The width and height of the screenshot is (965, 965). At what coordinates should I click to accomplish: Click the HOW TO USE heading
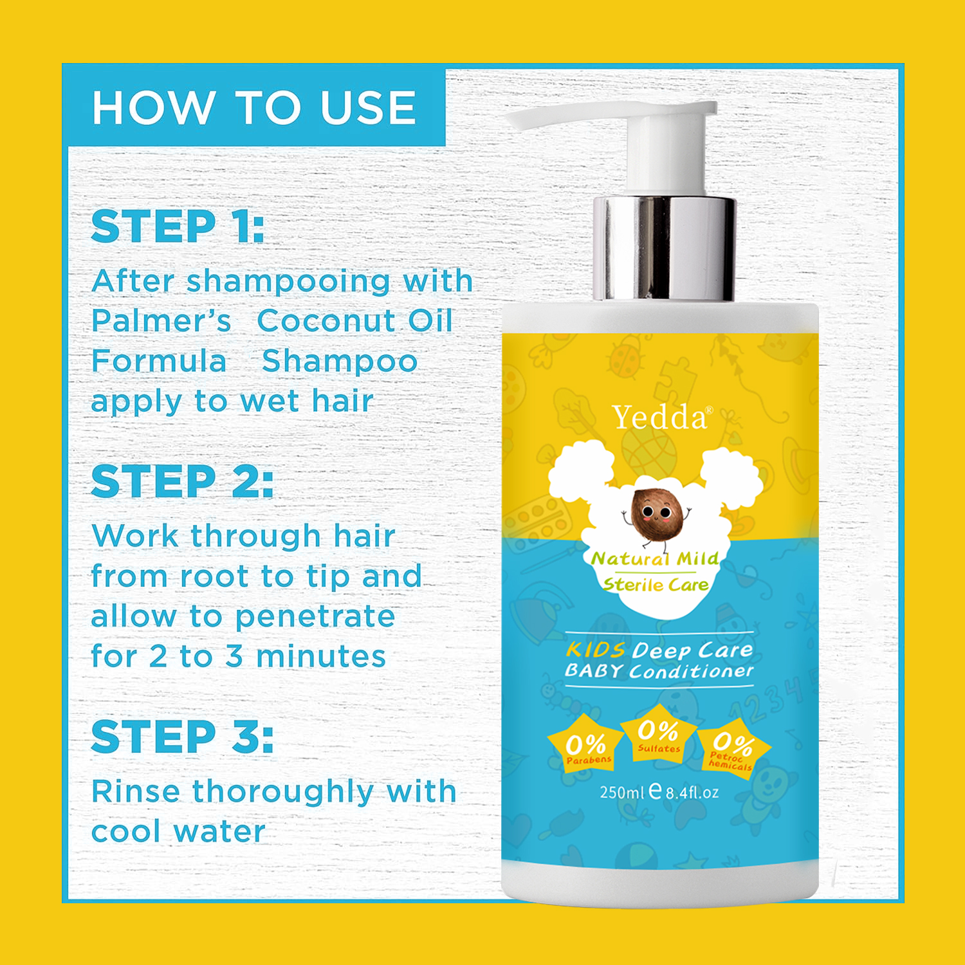pos(254,107)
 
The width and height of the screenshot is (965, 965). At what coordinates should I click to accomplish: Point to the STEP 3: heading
pos(182,737)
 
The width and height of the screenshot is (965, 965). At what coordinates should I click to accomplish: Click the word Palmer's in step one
pos(161,320)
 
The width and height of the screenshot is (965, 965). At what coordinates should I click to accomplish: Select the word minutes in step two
pos(321,656)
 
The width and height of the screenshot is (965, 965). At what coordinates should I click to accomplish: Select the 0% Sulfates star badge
pos(659,733)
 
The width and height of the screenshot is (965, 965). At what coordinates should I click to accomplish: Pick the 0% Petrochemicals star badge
pos(733,748)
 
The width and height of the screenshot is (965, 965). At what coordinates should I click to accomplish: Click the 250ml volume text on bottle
pos(621,792)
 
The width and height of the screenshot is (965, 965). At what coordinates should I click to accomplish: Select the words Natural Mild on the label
pos(655,558)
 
